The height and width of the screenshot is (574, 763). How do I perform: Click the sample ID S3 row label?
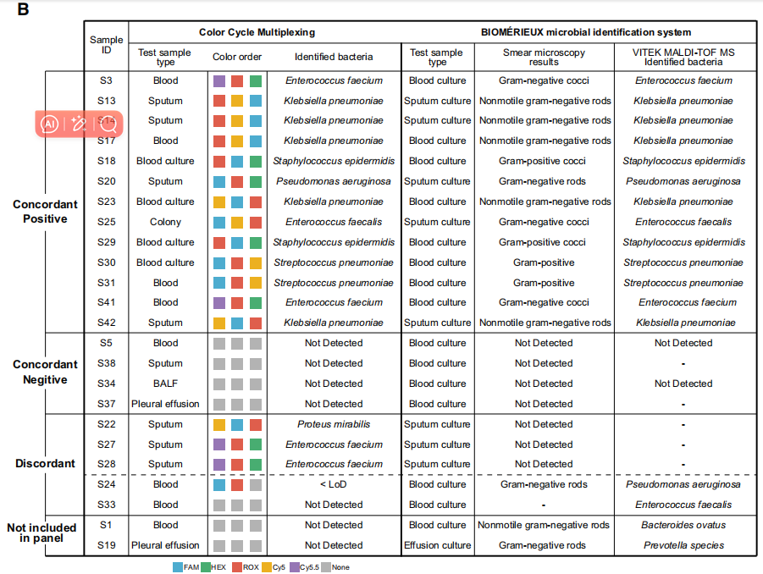(107, 81)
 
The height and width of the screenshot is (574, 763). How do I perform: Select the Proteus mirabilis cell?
(334, 424)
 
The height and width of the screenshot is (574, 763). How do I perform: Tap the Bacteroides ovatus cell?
(683, 525)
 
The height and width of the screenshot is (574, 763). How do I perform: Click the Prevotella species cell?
(683, 545)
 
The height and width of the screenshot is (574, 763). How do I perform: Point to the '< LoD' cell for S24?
(334, 484)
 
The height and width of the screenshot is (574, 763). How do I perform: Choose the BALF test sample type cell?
(165, 384)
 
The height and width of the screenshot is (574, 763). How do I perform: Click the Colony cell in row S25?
(165, 222)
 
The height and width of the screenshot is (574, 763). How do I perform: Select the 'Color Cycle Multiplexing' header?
(257, 32)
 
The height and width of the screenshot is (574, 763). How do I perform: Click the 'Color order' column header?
(237, 57)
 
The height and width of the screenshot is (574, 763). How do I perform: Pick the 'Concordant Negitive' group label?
(45, 372)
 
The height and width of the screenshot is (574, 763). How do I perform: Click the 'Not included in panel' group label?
(41, 533)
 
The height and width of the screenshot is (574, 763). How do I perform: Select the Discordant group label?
(45, 463)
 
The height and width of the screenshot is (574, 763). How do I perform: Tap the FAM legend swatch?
(178, 567)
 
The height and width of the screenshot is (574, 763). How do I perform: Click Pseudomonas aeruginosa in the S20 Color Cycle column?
(334, 181)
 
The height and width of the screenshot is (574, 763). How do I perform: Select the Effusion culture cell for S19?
(438, 545)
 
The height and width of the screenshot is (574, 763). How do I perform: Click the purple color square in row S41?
(219, 302)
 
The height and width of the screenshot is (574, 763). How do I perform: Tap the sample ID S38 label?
(107, 363)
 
